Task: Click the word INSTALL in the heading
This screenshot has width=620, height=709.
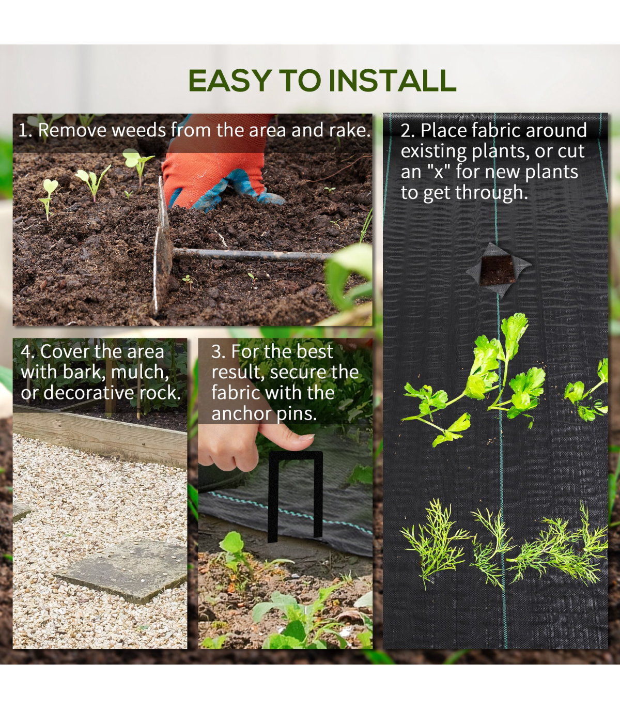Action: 392,81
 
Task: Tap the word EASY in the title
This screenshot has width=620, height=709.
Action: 230,81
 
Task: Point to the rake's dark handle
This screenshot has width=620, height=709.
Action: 250,255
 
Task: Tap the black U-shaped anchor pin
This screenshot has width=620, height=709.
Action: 296,496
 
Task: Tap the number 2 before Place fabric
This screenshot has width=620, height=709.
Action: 406,131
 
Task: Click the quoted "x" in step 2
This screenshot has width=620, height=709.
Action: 439,171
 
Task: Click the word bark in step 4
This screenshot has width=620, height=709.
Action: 84,372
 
